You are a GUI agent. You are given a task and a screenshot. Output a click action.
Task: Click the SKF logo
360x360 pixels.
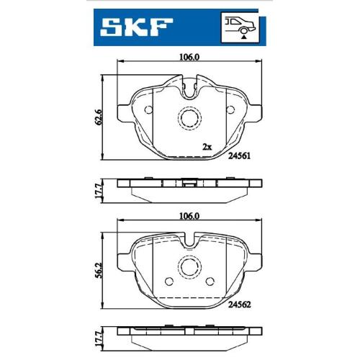136,27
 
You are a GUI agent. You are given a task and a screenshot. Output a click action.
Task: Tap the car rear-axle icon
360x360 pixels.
240,28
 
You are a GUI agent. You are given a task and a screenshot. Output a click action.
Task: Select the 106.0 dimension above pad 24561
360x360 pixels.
189,57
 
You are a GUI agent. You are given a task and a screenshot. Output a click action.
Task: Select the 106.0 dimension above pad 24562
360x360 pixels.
189,216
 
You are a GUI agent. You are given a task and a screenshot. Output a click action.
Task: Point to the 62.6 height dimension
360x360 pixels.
99,117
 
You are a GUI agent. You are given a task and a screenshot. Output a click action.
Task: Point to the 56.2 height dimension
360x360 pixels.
99,270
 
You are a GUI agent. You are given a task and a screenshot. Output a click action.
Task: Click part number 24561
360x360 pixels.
239,156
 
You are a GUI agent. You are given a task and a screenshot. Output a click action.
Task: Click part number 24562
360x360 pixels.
239,305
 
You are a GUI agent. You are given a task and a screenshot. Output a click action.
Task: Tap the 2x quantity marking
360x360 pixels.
207,147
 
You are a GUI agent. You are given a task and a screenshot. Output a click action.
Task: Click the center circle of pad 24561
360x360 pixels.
189,118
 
